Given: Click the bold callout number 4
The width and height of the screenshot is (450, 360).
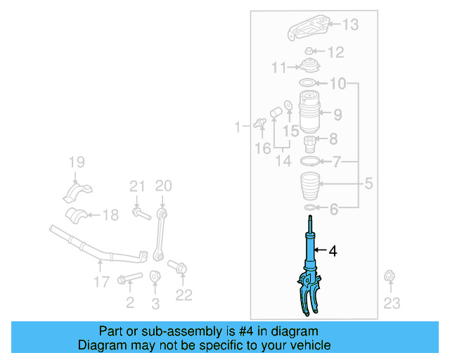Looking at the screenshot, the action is point(333,250).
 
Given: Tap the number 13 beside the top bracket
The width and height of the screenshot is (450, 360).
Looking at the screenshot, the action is point(349,25).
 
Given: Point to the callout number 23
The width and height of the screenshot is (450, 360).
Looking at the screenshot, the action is point(391,303).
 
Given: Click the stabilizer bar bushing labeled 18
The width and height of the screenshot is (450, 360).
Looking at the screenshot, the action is point(79,215).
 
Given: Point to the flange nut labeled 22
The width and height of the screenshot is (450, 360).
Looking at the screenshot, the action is point(177,268).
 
